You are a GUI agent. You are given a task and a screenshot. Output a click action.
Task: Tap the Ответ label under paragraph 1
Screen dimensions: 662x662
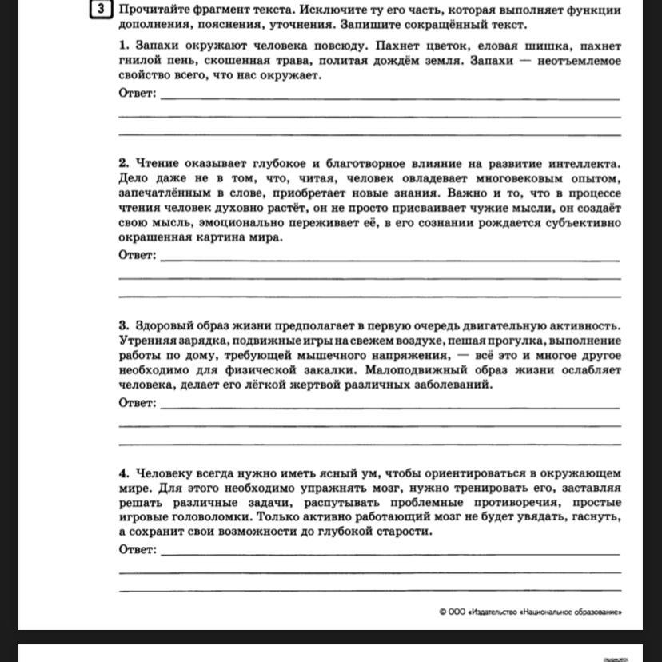pyautogui.click(x=138, y=94)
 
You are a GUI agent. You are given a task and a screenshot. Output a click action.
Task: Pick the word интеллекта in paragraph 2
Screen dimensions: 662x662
pyautogui.click(x=584, y=163)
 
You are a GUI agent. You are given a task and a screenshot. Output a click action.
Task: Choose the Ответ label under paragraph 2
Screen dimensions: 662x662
pyautogui.click(x=138, y=256)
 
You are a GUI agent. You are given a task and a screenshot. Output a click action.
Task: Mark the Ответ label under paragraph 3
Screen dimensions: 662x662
pyautogui.click(x=138, y=403)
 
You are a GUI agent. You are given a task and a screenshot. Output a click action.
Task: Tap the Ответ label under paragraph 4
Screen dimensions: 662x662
pyautogui.click(x=138, y=550)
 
